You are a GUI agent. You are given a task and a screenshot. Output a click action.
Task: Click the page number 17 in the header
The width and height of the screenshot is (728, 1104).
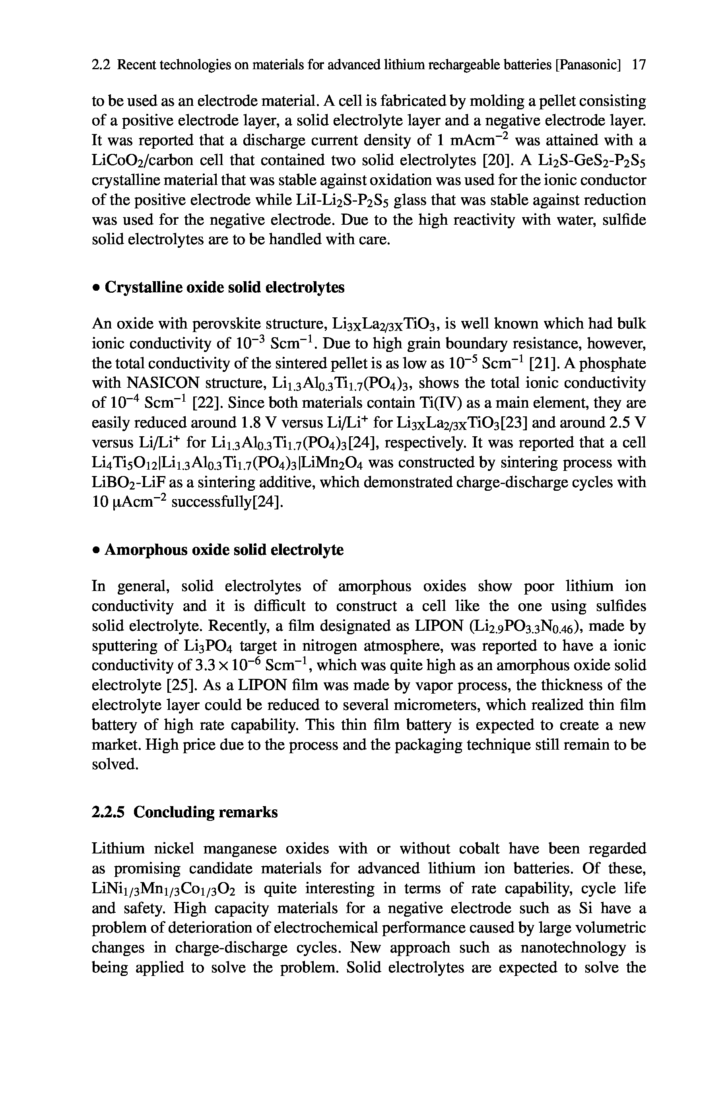[639, 65]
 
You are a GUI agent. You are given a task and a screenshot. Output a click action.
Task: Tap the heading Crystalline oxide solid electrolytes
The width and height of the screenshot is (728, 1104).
[225, 288]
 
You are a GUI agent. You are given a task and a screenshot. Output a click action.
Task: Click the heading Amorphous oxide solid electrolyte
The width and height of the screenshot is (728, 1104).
[224, 550]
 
